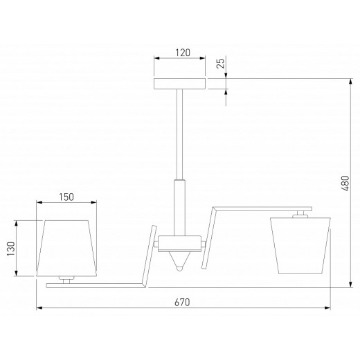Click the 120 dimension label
(x=183, y=53)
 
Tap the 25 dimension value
(x=221, y=63)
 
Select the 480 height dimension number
(x=345, y=183)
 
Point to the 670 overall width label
(x=182, y=302)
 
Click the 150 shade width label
(x=66, y=197)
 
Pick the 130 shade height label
(x=11, y=249)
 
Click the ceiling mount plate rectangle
(x=179, y=84)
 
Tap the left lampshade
(x=66, y=248)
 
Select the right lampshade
(x=300, y=246)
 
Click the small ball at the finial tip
(x=179, y=269)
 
